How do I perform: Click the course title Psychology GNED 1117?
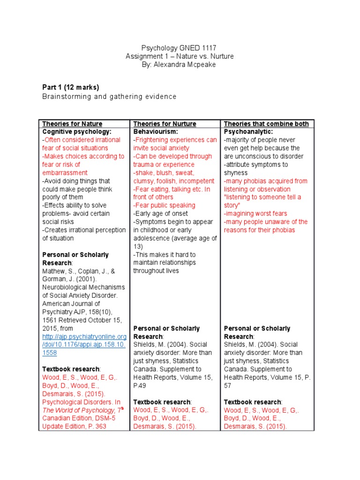click(179, 48)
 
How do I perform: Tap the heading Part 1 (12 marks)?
click(70, 88)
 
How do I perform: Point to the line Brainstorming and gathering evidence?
click(109, 97)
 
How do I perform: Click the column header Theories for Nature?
click(72, 124)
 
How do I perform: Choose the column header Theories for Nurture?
click(165, 124)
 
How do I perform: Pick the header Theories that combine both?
click(266, 124)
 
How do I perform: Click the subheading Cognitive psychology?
click(77, 132)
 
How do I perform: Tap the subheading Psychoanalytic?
click(247, 132)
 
